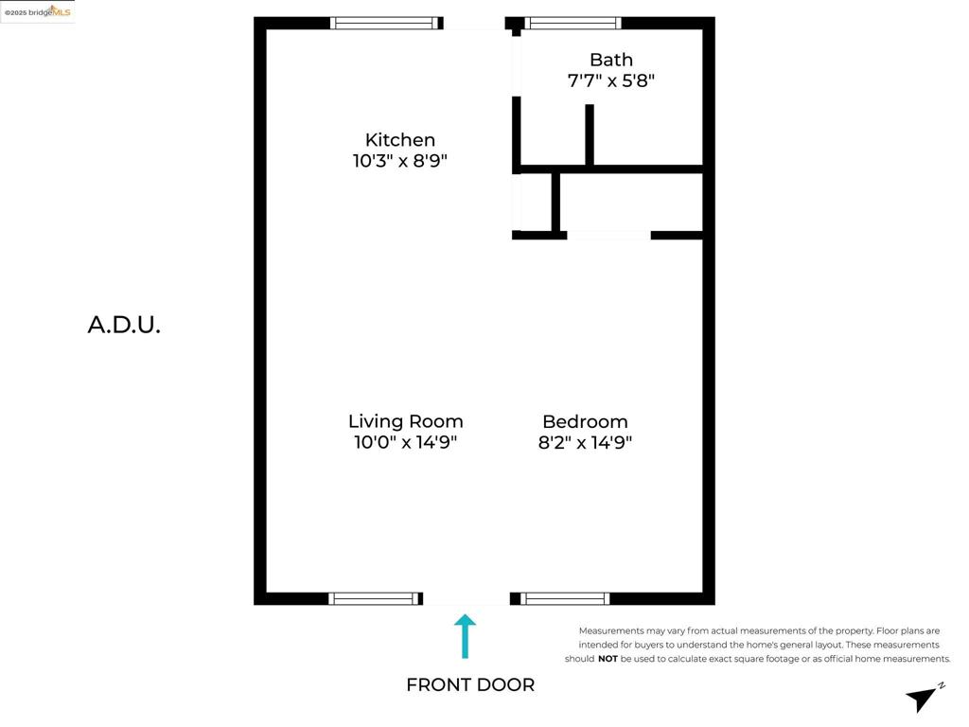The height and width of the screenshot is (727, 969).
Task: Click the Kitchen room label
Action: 400,140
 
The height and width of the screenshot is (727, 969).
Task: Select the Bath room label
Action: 611,60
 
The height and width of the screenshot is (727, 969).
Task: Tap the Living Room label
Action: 405,421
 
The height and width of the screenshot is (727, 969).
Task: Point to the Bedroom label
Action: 585,421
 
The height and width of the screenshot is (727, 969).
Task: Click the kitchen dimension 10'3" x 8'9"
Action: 400,161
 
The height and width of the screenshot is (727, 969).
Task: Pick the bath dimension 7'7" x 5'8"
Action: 611,80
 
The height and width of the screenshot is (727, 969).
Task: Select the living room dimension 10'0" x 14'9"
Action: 405,442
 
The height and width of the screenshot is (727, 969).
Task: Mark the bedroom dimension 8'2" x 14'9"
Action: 585,442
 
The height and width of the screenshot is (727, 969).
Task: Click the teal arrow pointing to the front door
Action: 465,636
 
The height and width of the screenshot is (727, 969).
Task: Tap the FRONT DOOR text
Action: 470,685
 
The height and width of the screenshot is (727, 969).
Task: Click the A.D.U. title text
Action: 124,326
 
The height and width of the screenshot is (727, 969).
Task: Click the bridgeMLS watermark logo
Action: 38,11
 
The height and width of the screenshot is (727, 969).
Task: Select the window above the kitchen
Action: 385,24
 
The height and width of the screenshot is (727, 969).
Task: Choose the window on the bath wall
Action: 573,24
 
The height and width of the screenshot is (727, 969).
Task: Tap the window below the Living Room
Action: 375,598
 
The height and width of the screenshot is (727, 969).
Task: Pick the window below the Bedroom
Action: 565,598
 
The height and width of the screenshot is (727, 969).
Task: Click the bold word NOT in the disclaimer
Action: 608,659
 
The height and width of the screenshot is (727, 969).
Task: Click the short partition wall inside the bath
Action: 590,134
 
